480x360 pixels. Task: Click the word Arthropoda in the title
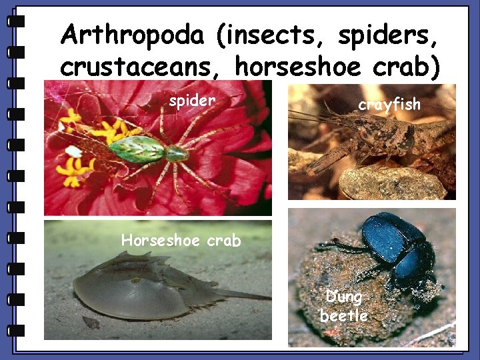[131, 35]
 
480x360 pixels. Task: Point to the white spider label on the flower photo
[192, 101]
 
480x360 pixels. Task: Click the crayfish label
[389, 104]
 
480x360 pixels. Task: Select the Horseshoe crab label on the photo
[181, 240]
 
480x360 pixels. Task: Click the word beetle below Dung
[343, 315]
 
